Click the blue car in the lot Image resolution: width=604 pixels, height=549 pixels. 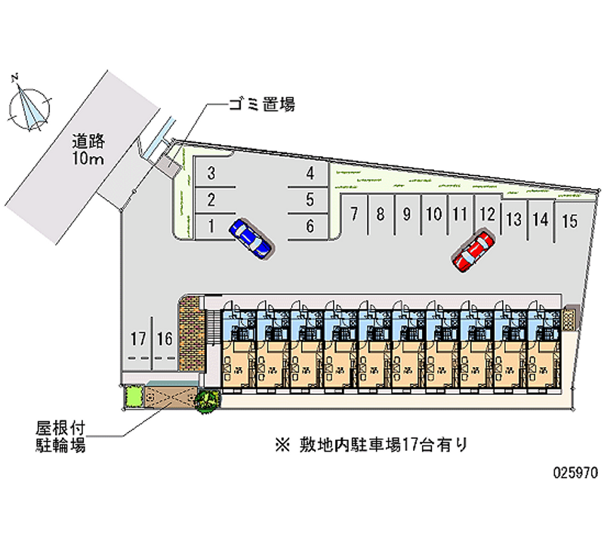click(x=251, y=239)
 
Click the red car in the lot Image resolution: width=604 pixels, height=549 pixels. click(x=473, y=250)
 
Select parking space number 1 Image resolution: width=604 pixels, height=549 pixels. click(x=212, y=224)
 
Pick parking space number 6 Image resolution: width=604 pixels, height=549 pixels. click(x=310, y=224)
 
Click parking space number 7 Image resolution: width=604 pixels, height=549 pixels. click(x=353, y=214)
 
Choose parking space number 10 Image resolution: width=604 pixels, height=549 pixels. click(x=433, y=214)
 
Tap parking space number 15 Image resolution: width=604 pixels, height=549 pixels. click(x=570, y=221)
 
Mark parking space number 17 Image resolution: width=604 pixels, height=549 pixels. click(x=137, y=338)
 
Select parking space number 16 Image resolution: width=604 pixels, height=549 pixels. click(x=164, y=338)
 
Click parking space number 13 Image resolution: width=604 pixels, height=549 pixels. click(x=514, y=220)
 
